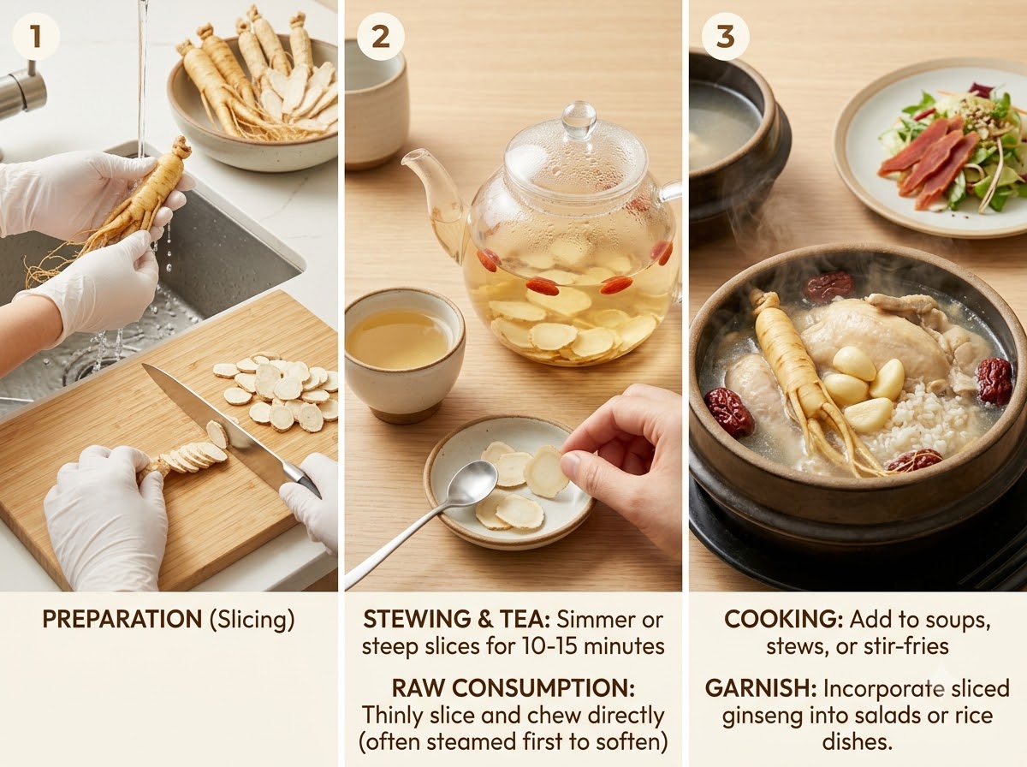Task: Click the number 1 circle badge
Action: [36, 37]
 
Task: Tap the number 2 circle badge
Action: [380, 37]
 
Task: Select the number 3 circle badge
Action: [725, 37]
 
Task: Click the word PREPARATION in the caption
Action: [122, 619]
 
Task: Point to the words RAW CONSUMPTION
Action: [513, 688]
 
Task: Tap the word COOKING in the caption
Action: [783, 619]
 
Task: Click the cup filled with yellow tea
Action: [404, 354]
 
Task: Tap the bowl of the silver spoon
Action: [472, 480]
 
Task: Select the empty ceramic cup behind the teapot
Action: [376, 103]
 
